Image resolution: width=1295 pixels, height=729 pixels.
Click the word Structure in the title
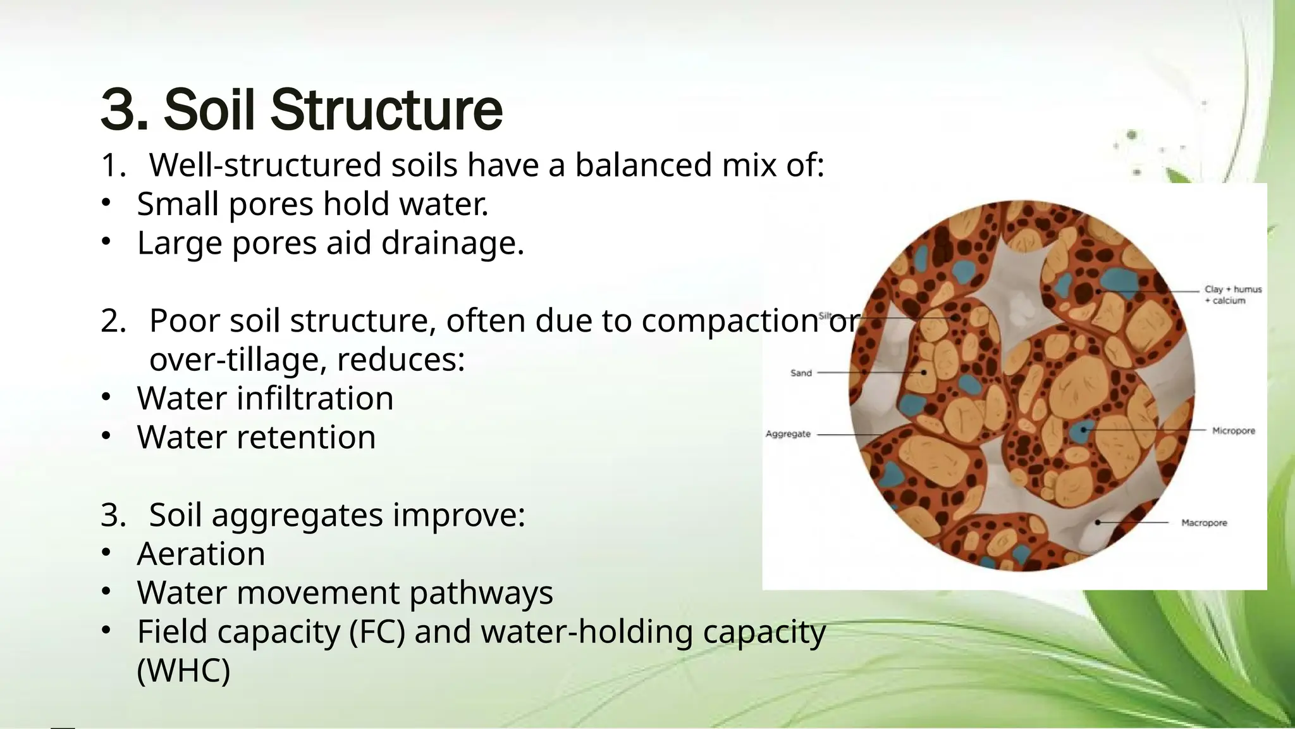386,110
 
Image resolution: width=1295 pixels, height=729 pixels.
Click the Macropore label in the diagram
1204,523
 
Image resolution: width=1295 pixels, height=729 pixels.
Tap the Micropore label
1233,431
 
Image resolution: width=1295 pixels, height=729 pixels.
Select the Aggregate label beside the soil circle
788,434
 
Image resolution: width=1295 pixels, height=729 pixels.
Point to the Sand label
801,373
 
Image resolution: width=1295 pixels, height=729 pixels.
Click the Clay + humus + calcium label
1232,295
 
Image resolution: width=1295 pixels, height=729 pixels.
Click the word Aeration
201,554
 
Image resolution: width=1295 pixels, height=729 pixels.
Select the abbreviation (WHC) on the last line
183,671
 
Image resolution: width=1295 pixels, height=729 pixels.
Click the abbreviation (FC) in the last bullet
377,632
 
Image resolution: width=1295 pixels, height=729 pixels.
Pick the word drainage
453,243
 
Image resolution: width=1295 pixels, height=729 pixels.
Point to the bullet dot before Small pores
106,202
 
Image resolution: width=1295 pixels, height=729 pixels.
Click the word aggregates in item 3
297,515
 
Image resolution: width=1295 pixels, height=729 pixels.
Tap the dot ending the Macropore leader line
1098,523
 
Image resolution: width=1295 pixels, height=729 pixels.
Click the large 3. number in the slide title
124,110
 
